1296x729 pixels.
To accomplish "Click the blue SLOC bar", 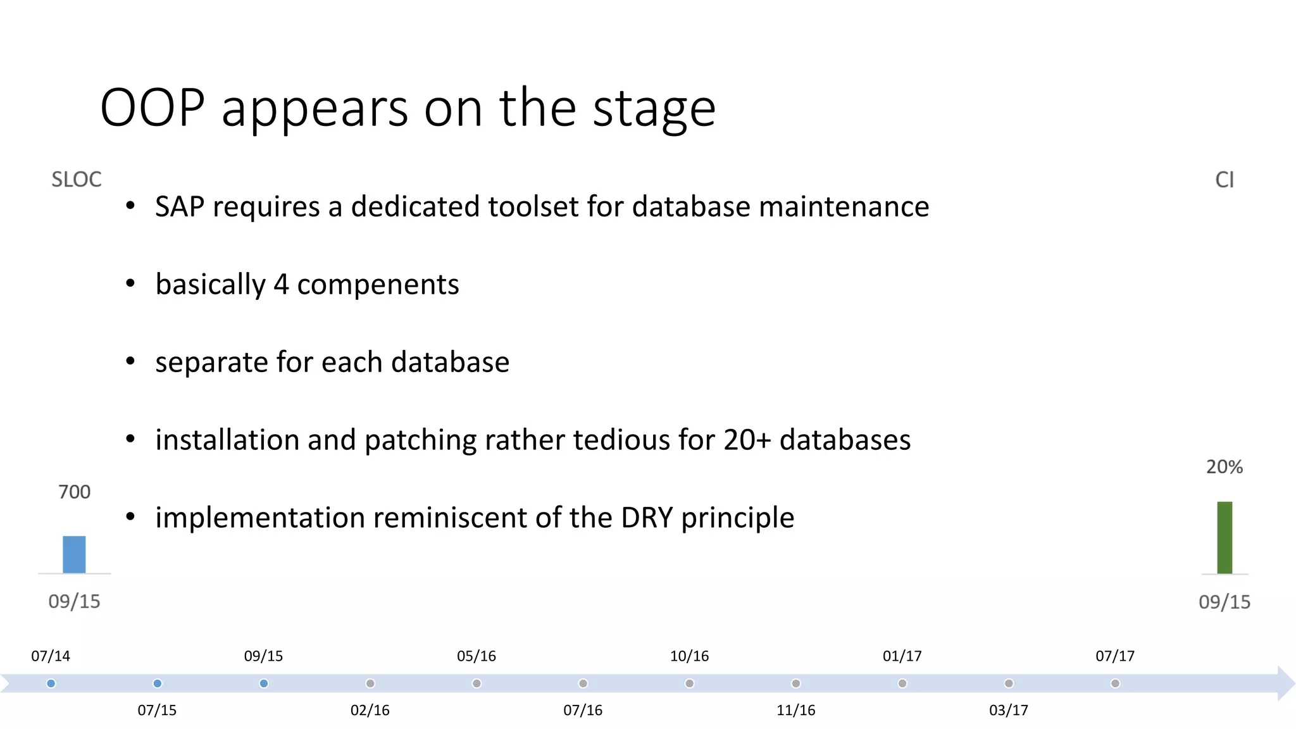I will click(x=74, y=554).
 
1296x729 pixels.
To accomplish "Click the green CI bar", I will click(x=1224, y=537).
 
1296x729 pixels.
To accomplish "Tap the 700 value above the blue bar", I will click(x=74, y=492).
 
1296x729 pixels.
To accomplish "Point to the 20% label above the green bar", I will click(x=1224, y=467).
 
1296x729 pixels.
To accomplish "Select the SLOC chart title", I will click(x=76, y=180).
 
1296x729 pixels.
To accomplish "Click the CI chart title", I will click(x=1224, y=180).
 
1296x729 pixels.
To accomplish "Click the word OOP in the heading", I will click(x=153, y=108).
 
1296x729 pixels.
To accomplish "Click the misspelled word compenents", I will click(x=378, y=285).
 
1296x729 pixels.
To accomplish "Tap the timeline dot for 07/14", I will click(x=51, y=683).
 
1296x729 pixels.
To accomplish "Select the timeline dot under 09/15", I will click(x=264, y=683).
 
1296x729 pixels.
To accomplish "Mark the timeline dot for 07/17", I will click(x=1115, y=683).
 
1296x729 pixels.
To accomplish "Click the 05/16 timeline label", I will click(x=477, y=656).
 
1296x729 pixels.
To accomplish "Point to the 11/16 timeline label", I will click(x=795, y=710).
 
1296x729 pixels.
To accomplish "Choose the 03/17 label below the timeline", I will click(x=1009, y=710).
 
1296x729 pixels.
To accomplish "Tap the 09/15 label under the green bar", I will click(x=1224, y=602).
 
